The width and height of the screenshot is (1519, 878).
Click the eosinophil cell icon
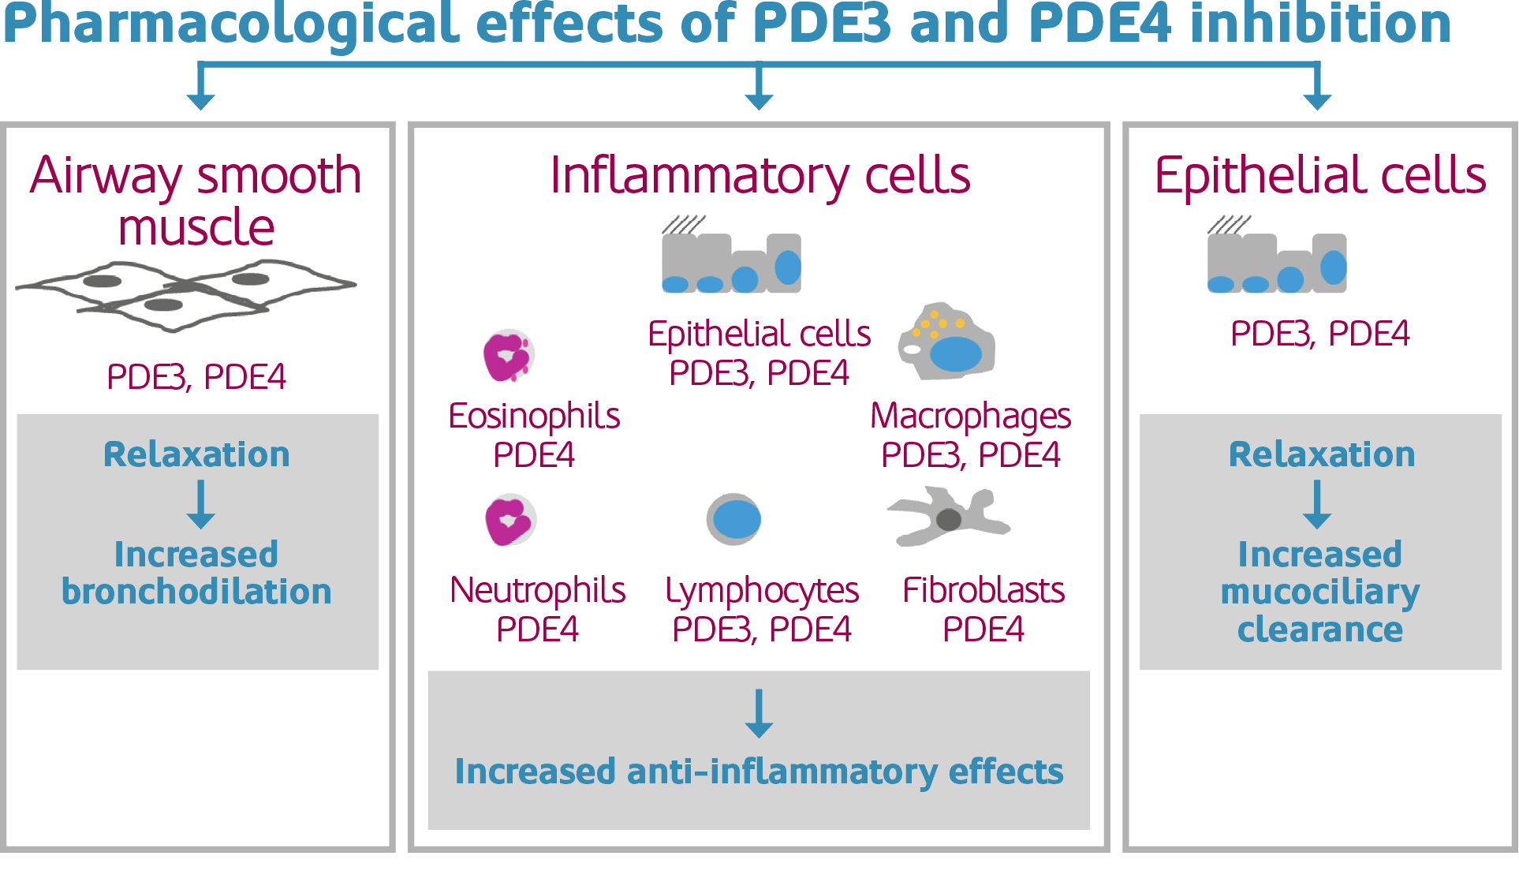(x=509, y=356)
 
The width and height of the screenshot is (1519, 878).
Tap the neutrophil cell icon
(x=510, y=520)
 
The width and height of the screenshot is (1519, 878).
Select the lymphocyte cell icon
(x=733, y=519)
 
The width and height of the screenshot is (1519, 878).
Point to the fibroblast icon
(x=949, y=517)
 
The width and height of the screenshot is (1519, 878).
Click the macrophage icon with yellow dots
(x=946, y=342)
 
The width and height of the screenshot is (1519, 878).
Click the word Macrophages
(x=970, y=417)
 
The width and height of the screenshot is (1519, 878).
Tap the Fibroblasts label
(x=983, y=590)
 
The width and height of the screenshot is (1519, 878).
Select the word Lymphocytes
(x=762, y=590)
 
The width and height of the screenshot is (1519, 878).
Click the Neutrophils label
(x=538, y=590)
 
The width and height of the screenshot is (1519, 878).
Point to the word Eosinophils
(x=534, y=417)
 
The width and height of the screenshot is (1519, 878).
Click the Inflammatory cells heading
(x=760, y=175)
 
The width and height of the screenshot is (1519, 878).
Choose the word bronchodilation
(x=196, y=592)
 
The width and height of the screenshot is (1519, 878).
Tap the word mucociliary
(x=1320, y=592)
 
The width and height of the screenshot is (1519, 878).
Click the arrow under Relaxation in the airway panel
(x=201, y=505)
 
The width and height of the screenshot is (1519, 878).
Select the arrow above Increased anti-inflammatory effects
(x=759, y=714)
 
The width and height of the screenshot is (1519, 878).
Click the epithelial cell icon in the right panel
(x=1277, y=262)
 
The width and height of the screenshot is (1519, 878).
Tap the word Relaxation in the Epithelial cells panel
(x=1322, y=454)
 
